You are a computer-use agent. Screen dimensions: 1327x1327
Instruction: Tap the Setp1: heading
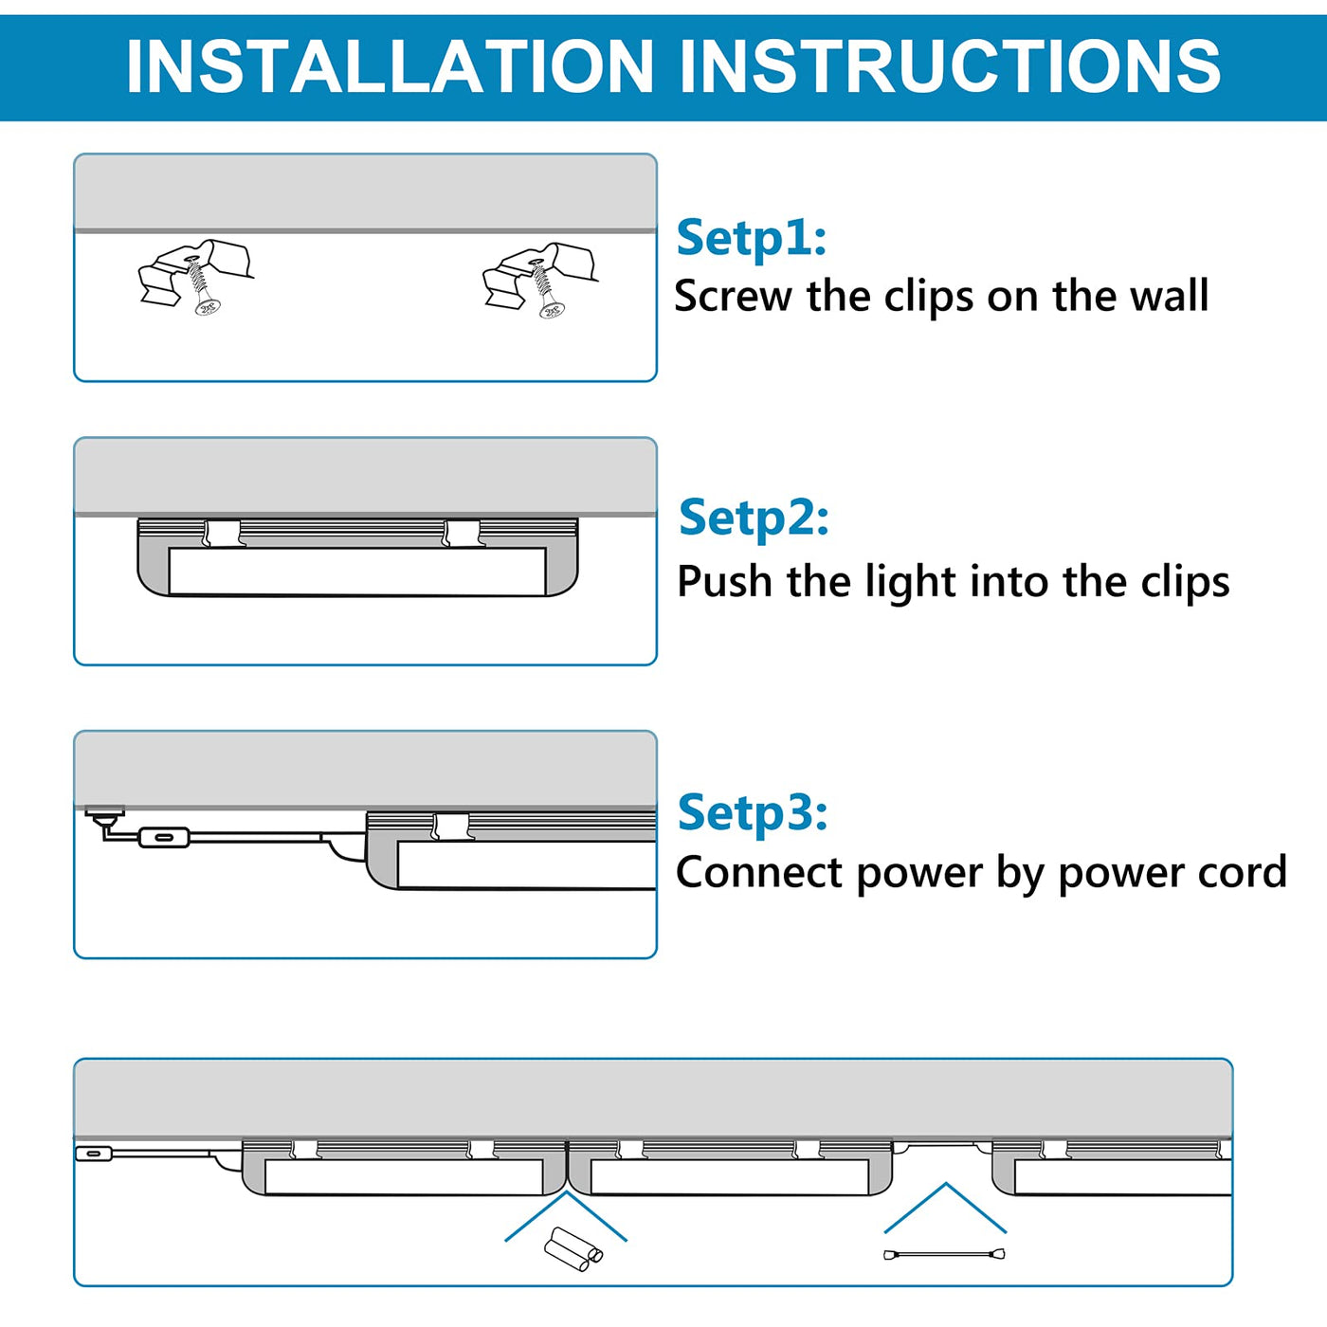(x=751, y=237)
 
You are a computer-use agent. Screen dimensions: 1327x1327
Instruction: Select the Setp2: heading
(x=754, y=518)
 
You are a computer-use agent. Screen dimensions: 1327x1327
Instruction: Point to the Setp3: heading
(x=753, y=812)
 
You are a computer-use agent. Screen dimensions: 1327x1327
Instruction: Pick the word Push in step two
(x=724, y=581)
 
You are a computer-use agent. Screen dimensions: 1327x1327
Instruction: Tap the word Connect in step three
(x=759, y=872)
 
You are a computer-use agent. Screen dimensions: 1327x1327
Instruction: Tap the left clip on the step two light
(x=224, y=534)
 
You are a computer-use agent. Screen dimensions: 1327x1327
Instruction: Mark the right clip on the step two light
(x=463, y=534)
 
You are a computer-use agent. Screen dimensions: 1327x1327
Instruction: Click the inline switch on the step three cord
(x=164, y=838)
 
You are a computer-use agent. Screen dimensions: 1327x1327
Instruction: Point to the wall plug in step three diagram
(x=104, y=813)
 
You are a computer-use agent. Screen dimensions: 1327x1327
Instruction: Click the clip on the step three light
(x=450, y=827)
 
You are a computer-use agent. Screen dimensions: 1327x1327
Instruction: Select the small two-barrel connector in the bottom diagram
(x=573, y=1249)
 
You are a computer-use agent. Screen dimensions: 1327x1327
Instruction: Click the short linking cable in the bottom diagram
(x=944, y=1255)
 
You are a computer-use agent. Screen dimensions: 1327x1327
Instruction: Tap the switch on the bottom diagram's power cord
(x=93, y=1154)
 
